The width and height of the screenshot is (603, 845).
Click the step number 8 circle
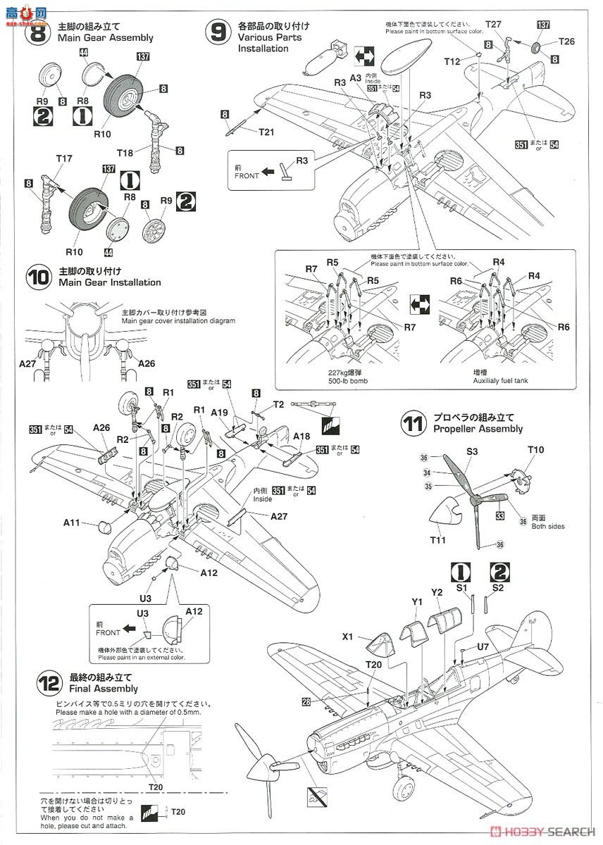(x=38, y=32)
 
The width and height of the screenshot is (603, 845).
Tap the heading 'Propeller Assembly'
(x=478, y=429)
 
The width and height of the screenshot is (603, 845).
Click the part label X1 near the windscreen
(x=347, y=637)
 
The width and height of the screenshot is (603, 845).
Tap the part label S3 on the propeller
(x=472, y=451)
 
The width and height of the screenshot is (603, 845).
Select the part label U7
(x=483, y=646)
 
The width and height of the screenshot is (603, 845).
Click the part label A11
(x=72, y=522)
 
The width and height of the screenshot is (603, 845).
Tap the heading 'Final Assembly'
(x=102, y=689)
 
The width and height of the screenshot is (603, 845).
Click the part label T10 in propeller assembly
(x=536, y=450)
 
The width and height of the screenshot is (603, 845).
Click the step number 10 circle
(x=38, y=276)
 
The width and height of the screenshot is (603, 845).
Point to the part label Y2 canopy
(x=436, y=592)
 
